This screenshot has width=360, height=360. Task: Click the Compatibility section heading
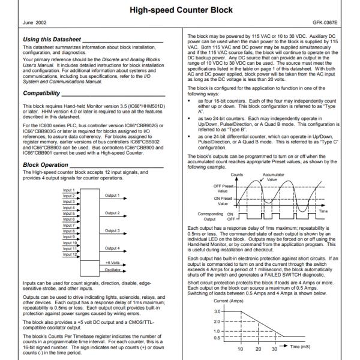click(x=42, y=93)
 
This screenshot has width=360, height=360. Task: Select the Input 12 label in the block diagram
click(x=70, y=254)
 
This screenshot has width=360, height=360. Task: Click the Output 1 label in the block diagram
click(x=113, y=195)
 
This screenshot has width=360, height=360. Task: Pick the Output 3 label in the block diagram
click(x=113, y=230)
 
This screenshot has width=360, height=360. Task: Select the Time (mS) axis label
click(x=298, y=347)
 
